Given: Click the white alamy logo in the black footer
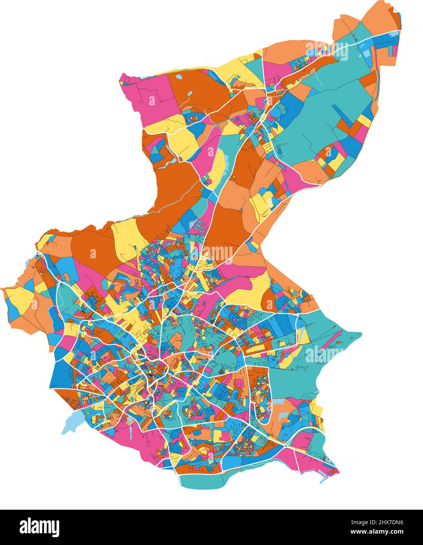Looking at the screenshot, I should (39, 527).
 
